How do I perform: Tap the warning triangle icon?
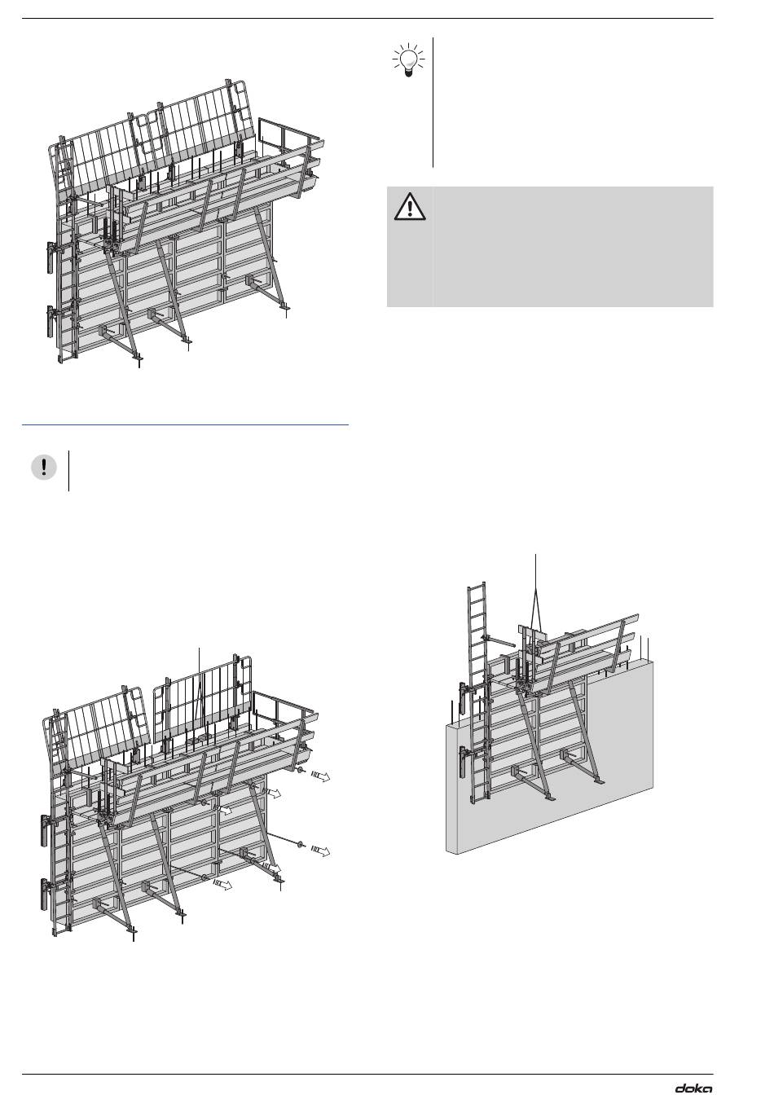pos(409,207)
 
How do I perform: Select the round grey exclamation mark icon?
pos(44,467)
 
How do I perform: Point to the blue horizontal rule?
pos(185,424)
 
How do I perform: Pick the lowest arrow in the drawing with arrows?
pos(222,884)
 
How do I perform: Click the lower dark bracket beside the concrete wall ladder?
pos(464,762)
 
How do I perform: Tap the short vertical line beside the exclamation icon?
pos(69,470)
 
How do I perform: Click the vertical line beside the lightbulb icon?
pos(433,102)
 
